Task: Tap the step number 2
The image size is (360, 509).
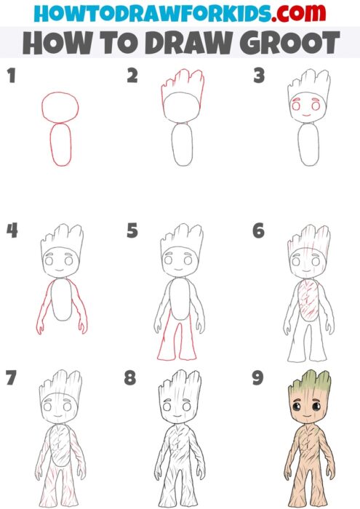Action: point(132,75)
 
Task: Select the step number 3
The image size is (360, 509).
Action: point(258,75)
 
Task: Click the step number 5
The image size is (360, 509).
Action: point(132,231)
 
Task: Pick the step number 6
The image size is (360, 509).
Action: point(258,231)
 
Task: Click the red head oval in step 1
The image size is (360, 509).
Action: point(58,107)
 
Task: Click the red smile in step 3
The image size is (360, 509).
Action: point(306,115)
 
